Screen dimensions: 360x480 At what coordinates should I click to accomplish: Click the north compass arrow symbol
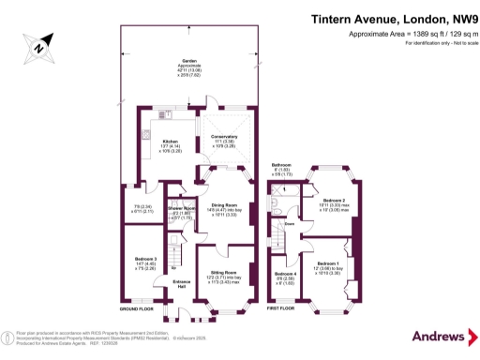[36, 44]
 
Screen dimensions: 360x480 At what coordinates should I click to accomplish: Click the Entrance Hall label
[184, 283]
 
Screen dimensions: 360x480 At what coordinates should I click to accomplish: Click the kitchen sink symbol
[147, 136]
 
